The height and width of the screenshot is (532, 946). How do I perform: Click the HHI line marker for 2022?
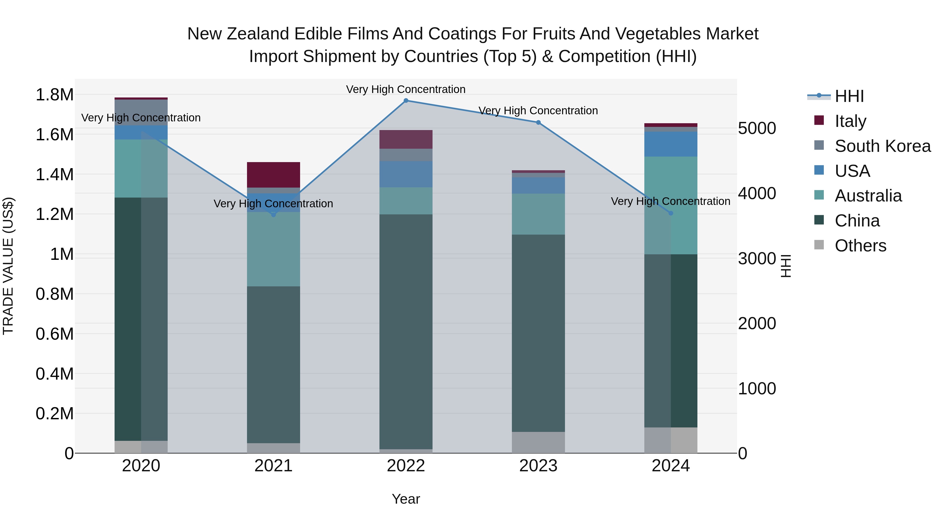tap(406, 101)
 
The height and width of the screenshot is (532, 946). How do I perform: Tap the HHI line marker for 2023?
tap(538, 123)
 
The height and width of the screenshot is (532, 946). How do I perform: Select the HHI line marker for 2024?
tap(671, 213)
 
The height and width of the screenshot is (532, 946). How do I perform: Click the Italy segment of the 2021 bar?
tap(273, 175)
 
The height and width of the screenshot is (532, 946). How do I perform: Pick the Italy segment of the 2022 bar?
tap(406, 139)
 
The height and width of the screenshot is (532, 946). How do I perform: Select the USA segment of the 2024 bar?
tap(671, 144)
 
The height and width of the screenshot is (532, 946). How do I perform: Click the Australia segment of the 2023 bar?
tap(538, 214)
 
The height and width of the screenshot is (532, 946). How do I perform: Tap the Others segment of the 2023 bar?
tap(538, 442)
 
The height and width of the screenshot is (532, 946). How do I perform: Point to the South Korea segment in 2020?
tap(141, 112)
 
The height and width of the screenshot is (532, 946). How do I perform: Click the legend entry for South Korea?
tap(882, 146)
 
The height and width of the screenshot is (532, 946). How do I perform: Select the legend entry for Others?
tap(860, 246)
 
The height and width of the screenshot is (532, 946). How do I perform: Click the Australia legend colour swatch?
tap(819, 195)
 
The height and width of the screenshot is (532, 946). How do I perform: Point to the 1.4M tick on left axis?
tap(54, 175)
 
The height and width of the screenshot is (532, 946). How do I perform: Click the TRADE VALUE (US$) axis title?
tap(8, 266)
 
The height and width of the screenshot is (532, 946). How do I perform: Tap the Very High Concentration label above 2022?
tap(406, 90)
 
